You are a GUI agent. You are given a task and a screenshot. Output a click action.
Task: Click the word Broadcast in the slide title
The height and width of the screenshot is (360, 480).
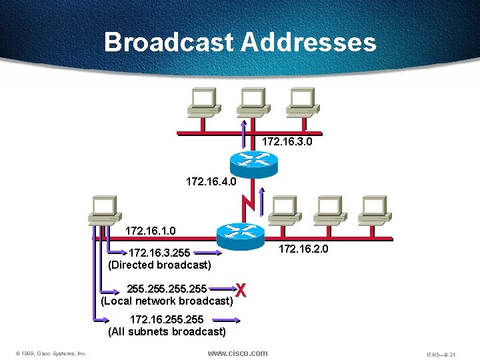click(169, 43)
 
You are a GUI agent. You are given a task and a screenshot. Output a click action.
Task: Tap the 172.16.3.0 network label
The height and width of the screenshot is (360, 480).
click(287, 142)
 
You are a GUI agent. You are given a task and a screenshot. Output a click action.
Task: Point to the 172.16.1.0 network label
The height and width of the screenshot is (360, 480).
click(151, 231)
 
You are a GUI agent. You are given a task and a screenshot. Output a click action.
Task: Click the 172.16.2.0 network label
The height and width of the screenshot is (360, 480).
click(303, 249)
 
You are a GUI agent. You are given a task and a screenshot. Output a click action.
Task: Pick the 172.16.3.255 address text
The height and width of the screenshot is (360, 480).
click(159, 253)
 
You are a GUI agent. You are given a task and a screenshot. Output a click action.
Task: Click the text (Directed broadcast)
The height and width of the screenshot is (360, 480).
click(159, 265)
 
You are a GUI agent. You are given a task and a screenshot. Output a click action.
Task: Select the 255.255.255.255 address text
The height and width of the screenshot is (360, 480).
click(167, 289)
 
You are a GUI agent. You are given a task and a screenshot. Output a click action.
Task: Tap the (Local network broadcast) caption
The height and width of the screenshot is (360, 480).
click(167, 301)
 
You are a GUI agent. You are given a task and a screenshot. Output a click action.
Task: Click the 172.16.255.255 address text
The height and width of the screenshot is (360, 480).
click(167, 320)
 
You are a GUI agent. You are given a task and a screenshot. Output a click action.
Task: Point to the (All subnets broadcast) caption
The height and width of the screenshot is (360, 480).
click(167, 331)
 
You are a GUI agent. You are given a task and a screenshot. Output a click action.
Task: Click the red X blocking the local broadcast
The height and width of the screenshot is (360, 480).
click(242, 290)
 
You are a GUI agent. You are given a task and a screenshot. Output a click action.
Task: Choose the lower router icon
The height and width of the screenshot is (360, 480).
click(240, 231)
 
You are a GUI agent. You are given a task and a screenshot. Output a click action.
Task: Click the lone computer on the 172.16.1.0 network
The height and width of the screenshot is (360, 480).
click(105, 209)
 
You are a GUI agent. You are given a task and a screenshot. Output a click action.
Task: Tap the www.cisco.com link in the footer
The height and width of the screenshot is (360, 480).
click(237, 353)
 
